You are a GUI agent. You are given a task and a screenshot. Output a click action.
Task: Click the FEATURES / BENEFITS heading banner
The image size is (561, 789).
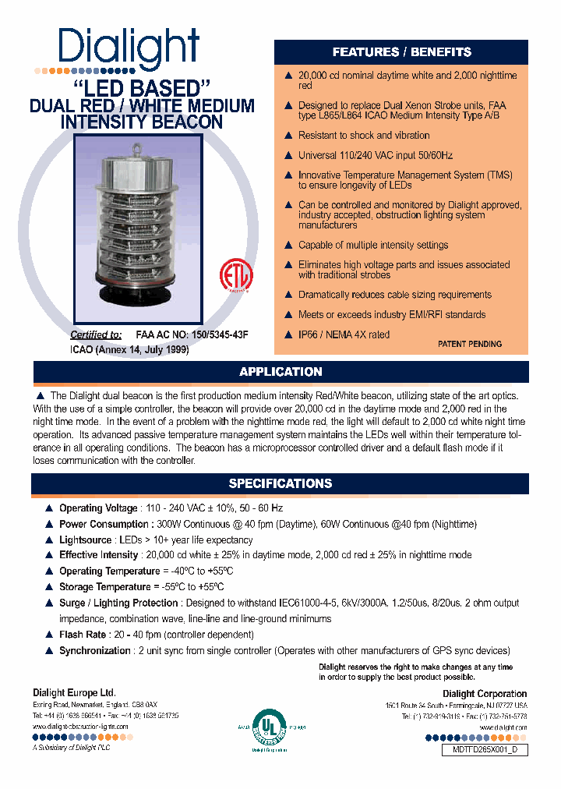click(x=401, y=52)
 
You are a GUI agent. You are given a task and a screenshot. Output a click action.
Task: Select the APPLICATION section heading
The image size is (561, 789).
click(x=280, y=372)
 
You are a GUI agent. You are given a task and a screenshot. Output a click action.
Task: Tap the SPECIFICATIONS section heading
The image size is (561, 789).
click(x=280, y=483)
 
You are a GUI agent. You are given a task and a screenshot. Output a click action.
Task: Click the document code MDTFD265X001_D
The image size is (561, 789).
click(x=485, y=750)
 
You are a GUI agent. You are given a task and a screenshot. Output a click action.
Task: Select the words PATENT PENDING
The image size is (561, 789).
click(x=470, y=344)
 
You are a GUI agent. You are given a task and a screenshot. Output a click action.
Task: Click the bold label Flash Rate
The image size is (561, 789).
click(x=82, y=635)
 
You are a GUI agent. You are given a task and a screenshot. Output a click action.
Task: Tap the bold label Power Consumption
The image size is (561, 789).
click(x=104, y=524)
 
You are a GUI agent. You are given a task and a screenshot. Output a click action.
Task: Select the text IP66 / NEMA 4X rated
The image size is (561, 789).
click(x=344, y=334)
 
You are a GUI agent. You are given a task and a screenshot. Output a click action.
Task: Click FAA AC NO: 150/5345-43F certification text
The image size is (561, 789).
click(x=192, y=334)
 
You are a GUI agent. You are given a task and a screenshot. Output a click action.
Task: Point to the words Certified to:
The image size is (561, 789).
click(x=97, y=334)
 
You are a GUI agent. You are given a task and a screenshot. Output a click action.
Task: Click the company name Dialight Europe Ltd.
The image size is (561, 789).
click(x=74, y=692)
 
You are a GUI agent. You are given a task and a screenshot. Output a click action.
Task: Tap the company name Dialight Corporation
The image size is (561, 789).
click(x=485, y=694)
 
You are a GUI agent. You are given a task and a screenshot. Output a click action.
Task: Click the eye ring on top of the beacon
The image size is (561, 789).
click(x=138, y=144)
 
